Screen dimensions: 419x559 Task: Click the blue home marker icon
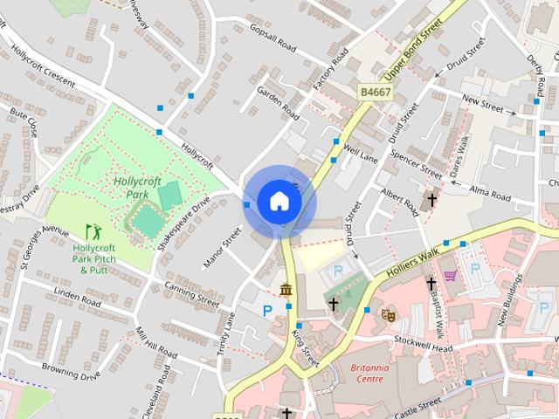tap(279, 202)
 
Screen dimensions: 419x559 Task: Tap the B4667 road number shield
tap(375, 91)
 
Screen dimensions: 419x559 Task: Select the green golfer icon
tap(93, 232)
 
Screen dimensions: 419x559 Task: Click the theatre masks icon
tap(387, 313)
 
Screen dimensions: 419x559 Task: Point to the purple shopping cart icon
tap(451, 276)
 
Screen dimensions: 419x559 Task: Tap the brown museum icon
tap(286, 289)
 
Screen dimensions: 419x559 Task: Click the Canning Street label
tap(191, 295)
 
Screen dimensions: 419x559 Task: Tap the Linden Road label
tap(77, 297)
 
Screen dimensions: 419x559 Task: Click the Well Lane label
tap(362, 154)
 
